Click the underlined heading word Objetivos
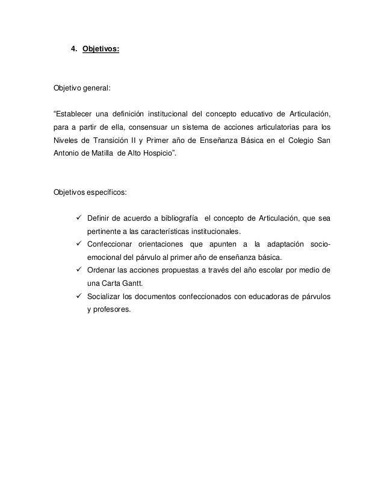(100, 51)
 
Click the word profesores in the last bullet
(114, 310)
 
